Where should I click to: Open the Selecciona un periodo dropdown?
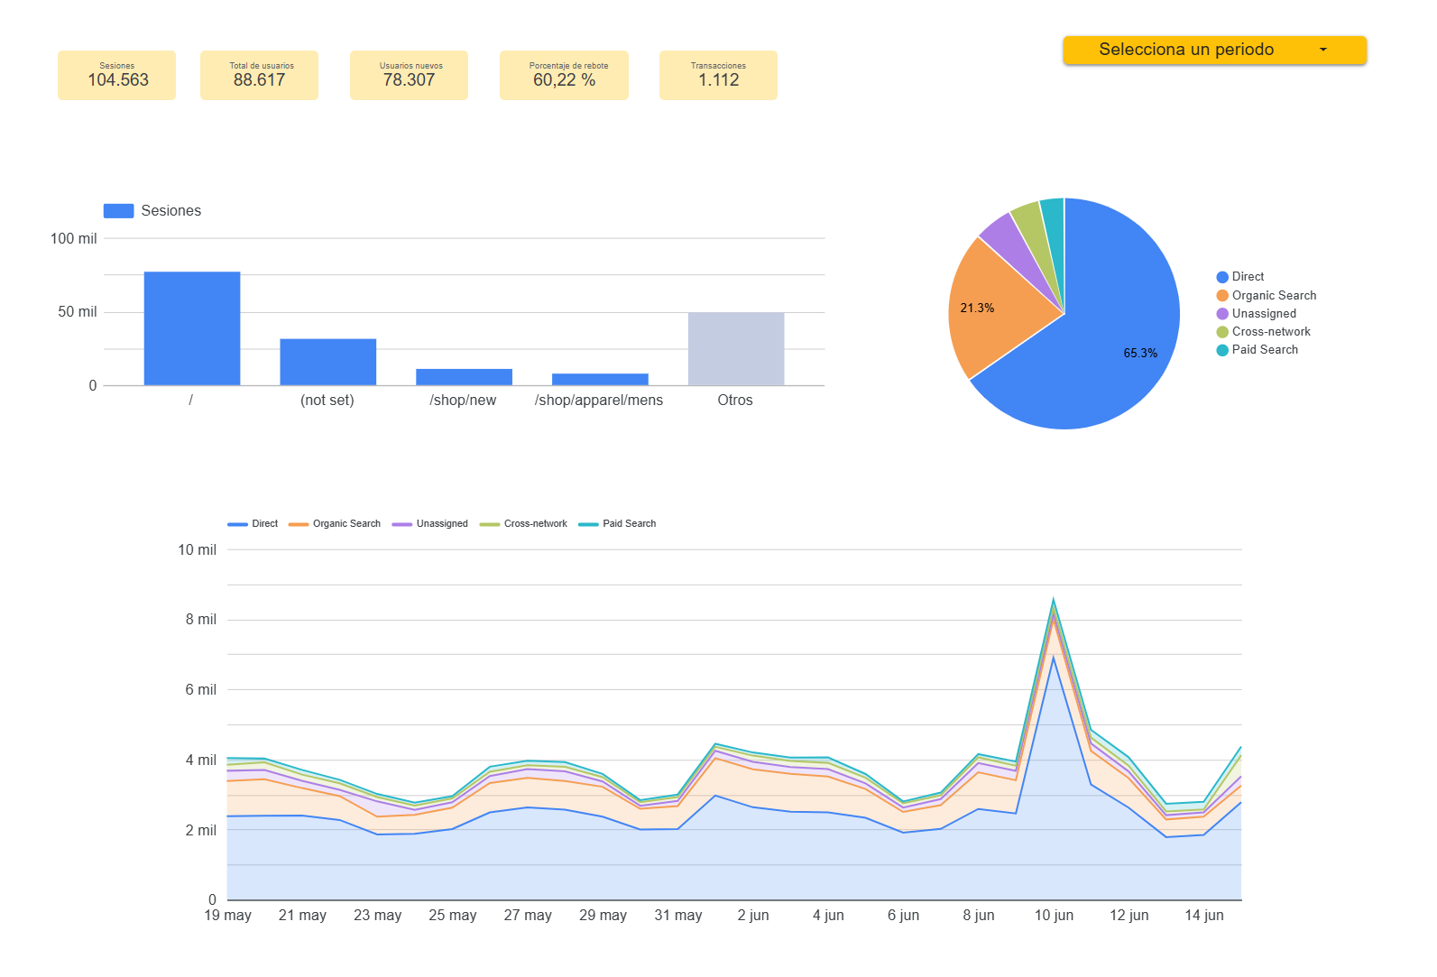coord(1214,50)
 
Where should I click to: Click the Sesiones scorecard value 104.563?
coord(118,80)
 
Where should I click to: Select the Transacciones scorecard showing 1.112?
coord(718,76)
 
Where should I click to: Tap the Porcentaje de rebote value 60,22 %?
coord(564,80)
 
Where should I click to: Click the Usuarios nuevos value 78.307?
coord(409,80)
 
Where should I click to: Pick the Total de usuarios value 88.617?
coord(259,80)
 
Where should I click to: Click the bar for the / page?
coord(192,328)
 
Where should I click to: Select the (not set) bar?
coord(327,362)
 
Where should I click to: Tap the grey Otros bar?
coord(736,349)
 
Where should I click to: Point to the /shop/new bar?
coord(464,377)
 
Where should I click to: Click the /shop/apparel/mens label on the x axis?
coord(599,401)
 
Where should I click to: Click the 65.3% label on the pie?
coord(1140,353)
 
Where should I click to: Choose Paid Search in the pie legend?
coord(1265,350)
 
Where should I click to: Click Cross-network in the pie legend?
coord(1271,332)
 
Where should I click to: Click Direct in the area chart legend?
coord(264,523)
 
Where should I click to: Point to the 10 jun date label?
coord(1054,916)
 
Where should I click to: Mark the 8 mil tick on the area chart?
coord(201,620)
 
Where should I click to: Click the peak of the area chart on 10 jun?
coord(1054,598)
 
